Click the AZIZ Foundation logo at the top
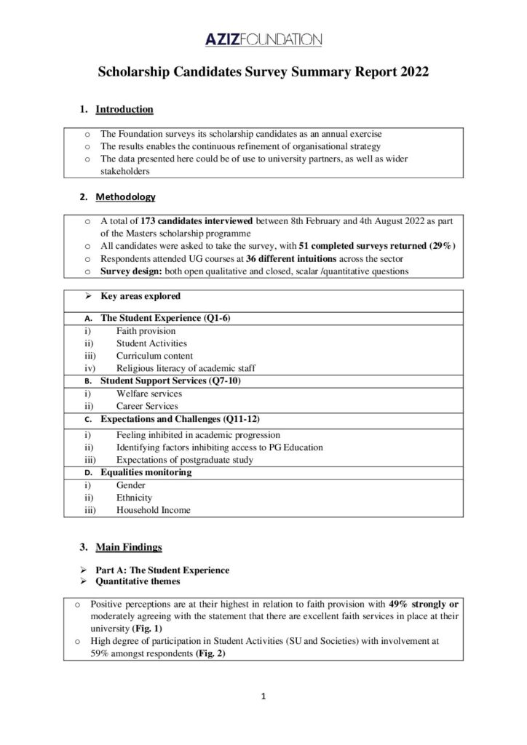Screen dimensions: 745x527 click(263, 38)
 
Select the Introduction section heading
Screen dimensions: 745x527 click(124, 110)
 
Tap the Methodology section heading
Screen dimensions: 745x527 click(125, 196)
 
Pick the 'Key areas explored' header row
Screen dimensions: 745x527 click(140, 297)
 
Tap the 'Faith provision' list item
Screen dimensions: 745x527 click(146, 331)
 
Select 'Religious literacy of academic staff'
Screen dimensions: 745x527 click(186, 369)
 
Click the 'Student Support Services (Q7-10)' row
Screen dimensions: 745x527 click(173, 381)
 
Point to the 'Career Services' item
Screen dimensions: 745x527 click(146, 407)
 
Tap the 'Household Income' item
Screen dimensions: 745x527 click(153, 511)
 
